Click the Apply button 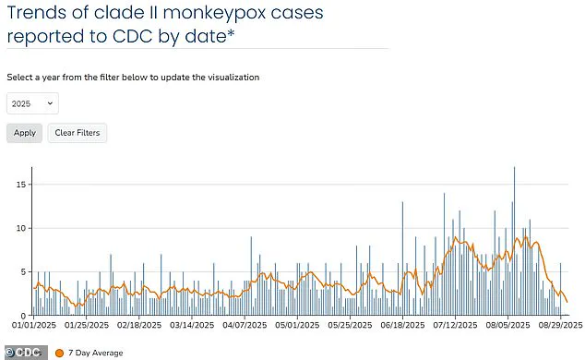pyautogui.click(x=25, y=133)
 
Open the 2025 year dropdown pyautogui.click(x=33, y=103)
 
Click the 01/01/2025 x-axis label pyautogui.click(x=33, y=326)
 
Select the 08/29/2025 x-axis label pyautogui.click(x=559, y=326)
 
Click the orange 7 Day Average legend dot pyautogui.click(x=60, y=352)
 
